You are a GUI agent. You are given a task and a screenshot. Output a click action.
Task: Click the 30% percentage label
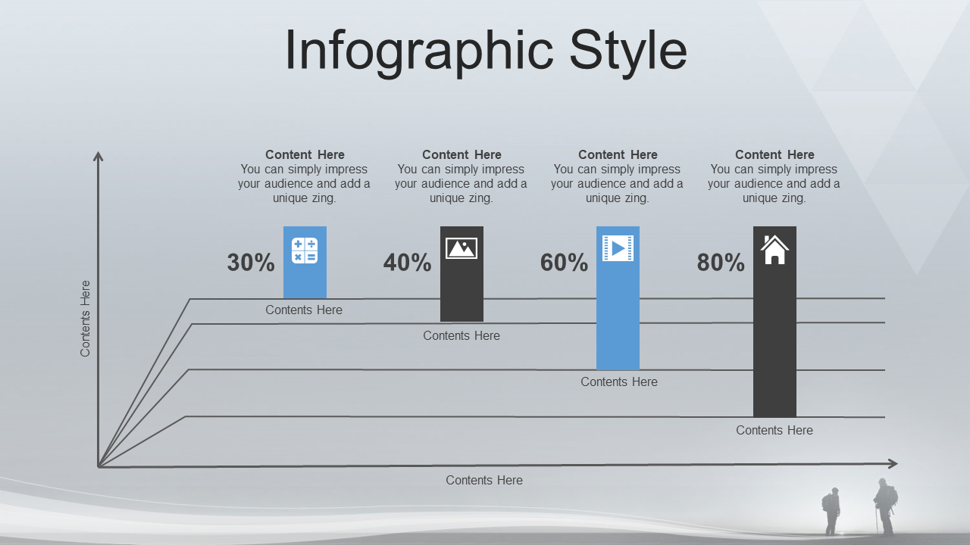(x=251, y=262)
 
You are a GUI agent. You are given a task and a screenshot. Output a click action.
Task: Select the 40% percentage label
(x=408, y=262)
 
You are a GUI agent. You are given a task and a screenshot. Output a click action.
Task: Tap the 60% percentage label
(x=565, y=262)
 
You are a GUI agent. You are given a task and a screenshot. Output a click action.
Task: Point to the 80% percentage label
(x=721, y=262)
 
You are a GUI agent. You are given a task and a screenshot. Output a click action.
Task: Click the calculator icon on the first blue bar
(x=305, y=251)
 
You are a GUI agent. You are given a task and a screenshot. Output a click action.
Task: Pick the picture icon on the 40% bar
(x=462, y=248)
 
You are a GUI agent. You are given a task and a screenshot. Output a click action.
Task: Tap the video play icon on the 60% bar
(x=618, y=248)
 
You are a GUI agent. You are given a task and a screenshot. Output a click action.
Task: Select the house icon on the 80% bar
(x=774, y=250)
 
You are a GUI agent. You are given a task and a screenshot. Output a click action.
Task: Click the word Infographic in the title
(x=419, y=51)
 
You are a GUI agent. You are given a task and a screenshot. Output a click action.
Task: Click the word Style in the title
(x=628, y=51)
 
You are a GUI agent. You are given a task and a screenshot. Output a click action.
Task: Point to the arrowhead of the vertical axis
(x=99, y=156)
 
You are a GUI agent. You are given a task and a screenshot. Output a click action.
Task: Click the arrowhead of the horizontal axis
(x=893, y=464)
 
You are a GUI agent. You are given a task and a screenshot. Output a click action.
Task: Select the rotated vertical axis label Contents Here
(x=86, y=319)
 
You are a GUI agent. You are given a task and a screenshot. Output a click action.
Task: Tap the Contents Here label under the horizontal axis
(x=484, y=480)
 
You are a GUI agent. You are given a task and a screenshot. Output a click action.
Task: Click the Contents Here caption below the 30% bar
(x=304, y=310)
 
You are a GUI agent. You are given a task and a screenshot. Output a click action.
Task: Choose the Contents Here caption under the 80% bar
(x=774, y=430)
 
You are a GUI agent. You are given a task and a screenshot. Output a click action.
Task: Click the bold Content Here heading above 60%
(x=618, y=154)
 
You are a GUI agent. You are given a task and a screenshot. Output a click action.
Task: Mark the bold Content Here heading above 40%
(x=462, y=154)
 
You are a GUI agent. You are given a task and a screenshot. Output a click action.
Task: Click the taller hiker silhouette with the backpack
(x=884, y=506)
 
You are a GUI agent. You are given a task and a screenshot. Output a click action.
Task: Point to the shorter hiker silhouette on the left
(x=831, y=511)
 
